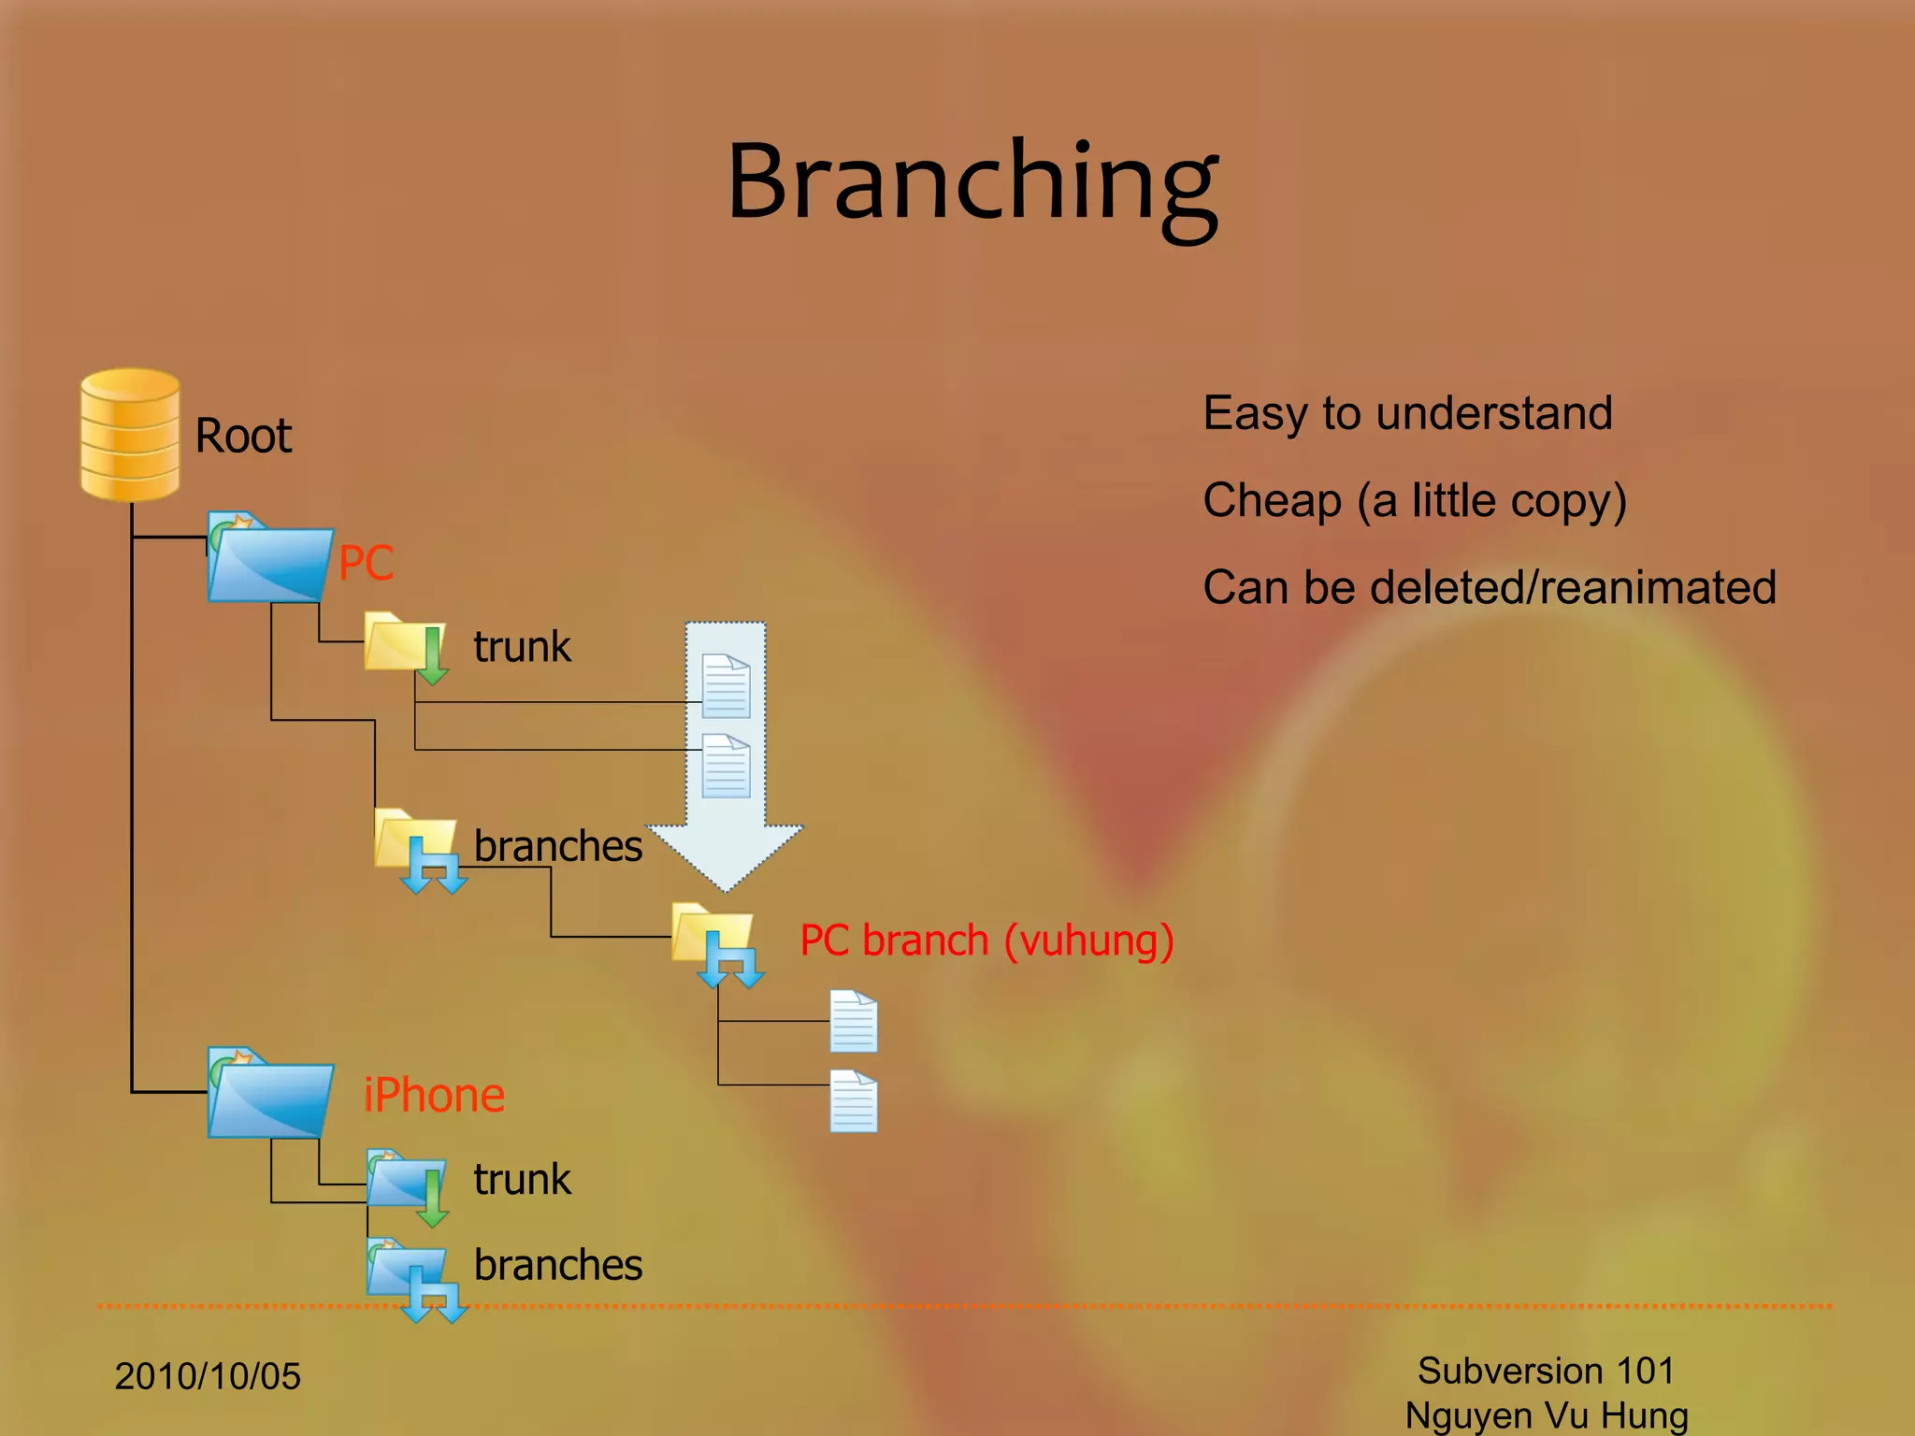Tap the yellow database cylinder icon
[130, 435]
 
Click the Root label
[243, 437]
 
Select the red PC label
[366, 563]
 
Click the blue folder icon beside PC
[269, 559]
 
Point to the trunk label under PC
[522, 647]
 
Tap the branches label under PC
[557, 846]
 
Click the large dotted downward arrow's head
[725, 855]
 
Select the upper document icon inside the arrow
[726, 686]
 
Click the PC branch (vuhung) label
[986, 941]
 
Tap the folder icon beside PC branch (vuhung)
[714, 940]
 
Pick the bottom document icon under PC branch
[854, 1101]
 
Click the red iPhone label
[434, 1096]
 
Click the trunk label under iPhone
[522, 1180]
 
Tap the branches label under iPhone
[557, 1265]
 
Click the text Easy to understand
[1407, 414]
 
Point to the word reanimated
[1657, 588]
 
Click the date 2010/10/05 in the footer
[208, 1376]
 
